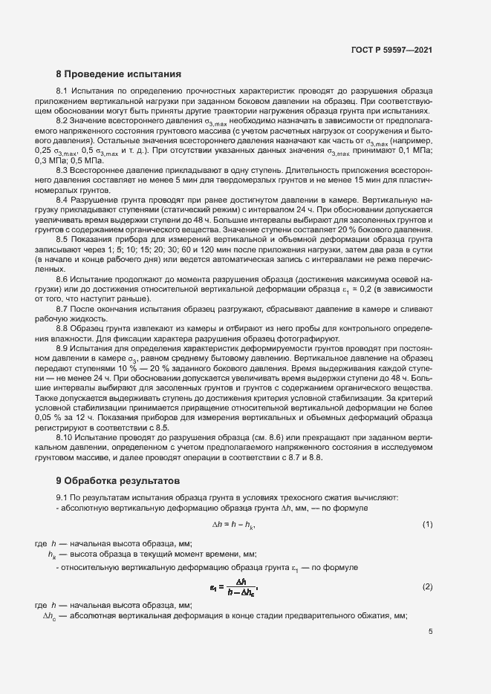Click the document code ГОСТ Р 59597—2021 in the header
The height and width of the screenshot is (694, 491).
pos(391,50)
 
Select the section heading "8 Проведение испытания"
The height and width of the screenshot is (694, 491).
pos(119,74)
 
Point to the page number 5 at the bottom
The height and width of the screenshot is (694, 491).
pos(430,632)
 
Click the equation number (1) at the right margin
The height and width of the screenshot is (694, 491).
pos(427,525)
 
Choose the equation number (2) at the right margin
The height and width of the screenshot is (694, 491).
pos(427,587)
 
